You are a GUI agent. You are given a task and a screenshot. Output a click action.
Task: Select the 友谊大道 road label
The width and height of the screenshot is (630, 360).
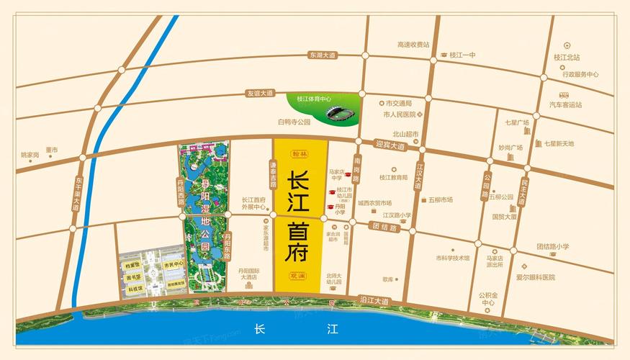260,94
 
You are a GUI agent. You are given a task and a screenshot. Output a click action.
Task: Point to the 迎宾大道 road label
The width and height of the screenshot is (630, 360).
390,145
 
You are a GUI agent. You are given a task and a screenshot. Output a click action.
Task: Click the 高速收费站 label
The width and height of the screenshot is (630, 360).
413,45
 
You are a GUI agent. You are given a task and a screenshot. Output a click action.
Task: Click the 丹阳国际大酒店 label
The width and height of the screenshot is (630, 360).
253,273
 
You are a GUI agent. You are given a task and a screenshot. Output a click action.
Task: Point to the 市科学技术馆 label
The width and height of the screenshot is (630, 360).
452,258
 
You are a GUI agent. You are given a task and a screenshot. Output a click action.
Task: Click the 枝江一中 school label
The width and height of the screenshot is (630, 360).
462,55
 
